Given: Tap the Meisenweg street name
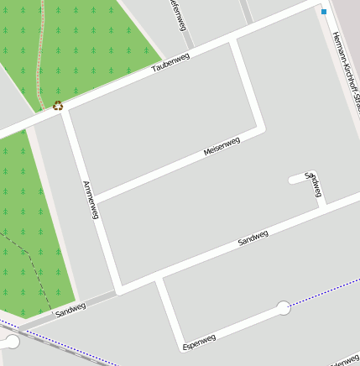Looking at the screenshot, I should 222,146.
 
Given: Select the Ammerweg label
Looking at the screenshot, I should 91,200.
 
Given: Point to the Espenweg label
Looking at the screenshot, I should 199,342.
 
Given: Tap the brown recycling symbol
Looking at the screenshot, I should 58,105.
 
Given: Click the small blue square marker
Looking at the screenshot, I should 324,12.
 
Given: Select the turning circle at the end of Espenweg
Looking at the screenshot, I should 284,308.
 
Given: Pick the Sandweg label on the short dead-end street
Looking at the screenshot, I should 314,186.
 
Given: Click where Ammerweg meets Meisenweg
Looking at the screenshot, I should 94,198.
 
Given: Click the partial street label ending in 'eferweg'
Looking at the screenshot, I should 179,15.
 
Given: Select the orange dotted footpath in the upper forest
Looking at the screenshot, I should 39,59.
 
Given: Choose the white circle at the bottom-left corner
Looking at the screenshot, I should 12,341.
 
